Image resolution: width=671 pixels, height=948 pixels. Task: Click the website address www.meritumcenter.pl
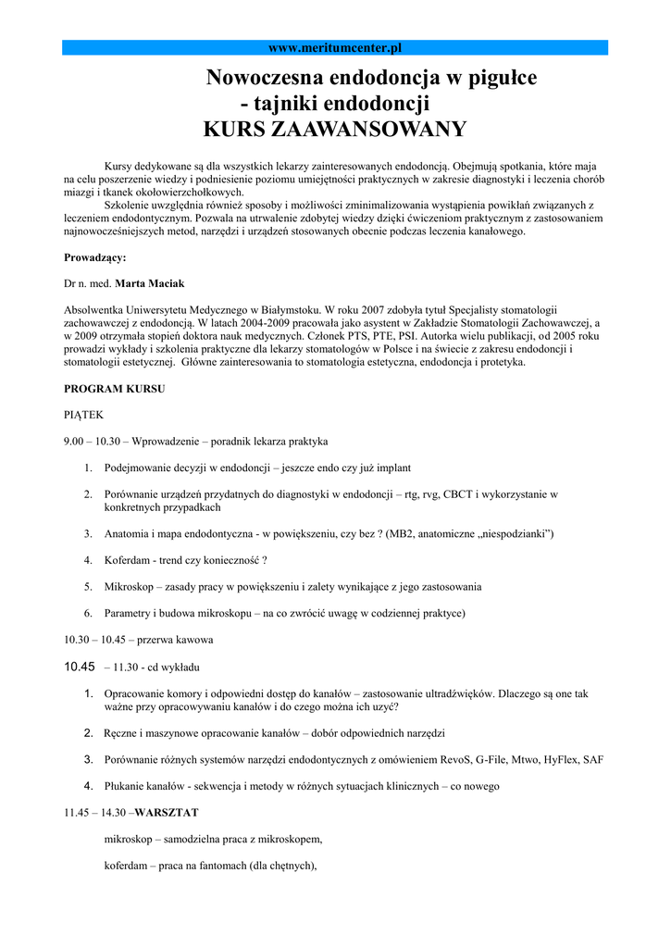click(x=334, y=47)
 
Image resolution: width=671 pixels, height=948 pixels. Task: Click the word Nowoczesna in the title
click(x=261, y=78)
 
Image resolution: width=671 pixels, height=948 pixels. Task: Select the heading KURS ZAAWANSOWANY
click(x=334, y=129)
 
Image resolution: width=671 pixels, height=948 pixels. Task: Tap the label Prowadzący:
click(x=95, y=257)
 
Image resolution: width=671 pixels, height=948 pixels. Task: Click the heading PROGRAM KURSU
click(x=115, y=389)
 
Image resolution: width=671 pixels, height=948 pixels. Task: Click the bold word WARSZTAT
click(x=168, y=812)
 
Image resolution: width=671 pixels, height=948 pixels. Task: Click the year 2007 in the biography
click(x=366, y=309)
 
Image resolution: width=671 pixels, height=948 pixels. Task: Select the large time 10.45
click(x=81, y=667)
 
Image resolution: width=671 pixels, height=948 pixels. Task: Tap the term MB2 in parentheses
click(x=404, y=534)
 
